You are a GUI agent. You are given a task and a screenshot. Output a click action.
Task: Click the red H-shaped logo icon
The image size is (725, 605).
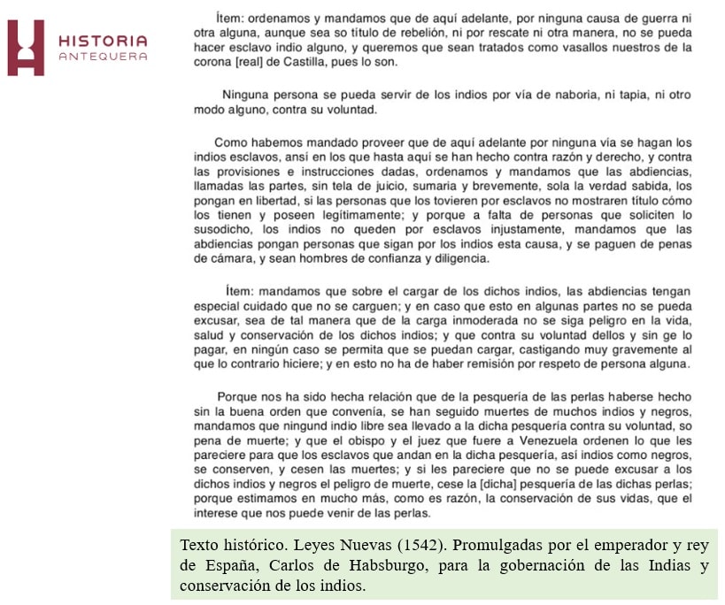tap(26, 47)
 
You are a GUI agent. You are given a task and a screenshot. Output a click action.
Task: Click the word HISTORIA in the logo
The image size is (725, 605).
tap(102, 41)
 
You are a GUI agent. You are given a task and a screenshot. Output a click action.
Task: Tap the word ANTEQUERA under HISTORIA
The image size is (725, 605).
tap(102, 57)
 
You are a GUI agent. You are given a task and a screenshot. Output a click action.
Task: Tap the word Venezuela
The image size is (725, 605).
tap(512, 440)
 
